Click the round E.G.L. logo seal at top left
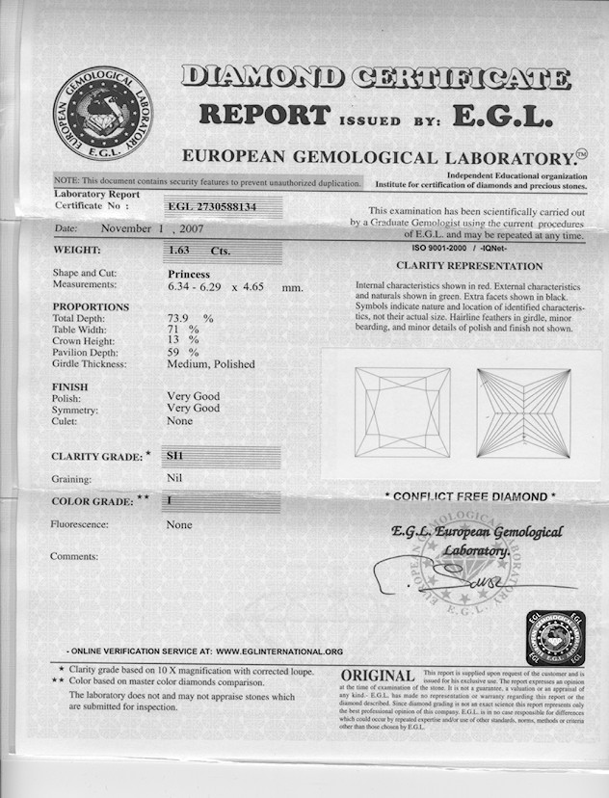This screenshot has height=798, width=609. coord(101,112)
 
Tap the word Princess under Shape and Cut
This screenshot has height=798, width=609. coord(189,274)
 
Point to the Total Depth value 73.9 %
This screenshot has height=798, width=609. coord(190,318)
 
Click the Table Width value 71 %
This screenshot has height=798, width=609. coord(183,330)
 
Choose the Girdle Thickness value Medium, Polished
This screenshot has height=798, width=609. coord(211,364)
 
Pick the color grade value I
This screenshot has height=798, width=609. coord(171,501)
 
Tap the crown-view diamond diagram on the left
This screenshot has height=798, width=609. coord(402,412)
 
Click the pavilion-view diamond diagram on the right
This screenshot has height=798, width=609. coord(523,412)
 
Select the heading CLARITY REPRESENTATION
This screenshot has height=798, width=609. coord(469,265)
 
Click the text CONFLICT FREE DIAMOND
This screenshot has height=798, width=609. coord(470,496)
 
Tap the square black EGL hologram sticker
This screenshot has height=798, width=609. coord(554,636)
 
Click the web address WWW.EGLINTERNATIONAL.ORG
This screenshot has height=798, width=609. coord(279,652)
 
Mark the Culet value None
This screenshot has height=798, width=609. coord(179,420)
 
